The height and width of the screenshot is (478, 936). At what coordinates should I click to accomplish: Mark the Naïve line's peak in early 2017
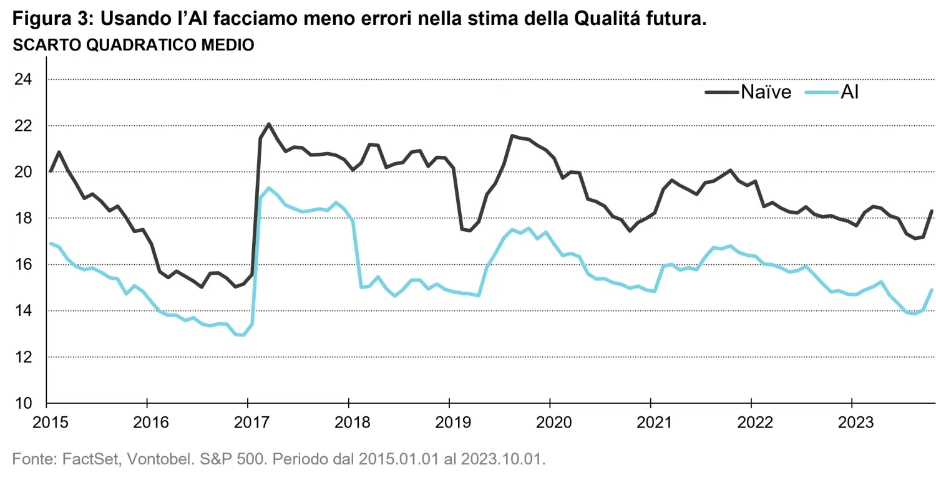click(x=268, y=123)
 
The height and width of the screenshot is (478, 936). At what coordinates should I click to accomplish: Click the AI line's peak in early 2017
click(x=268, y=188)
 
